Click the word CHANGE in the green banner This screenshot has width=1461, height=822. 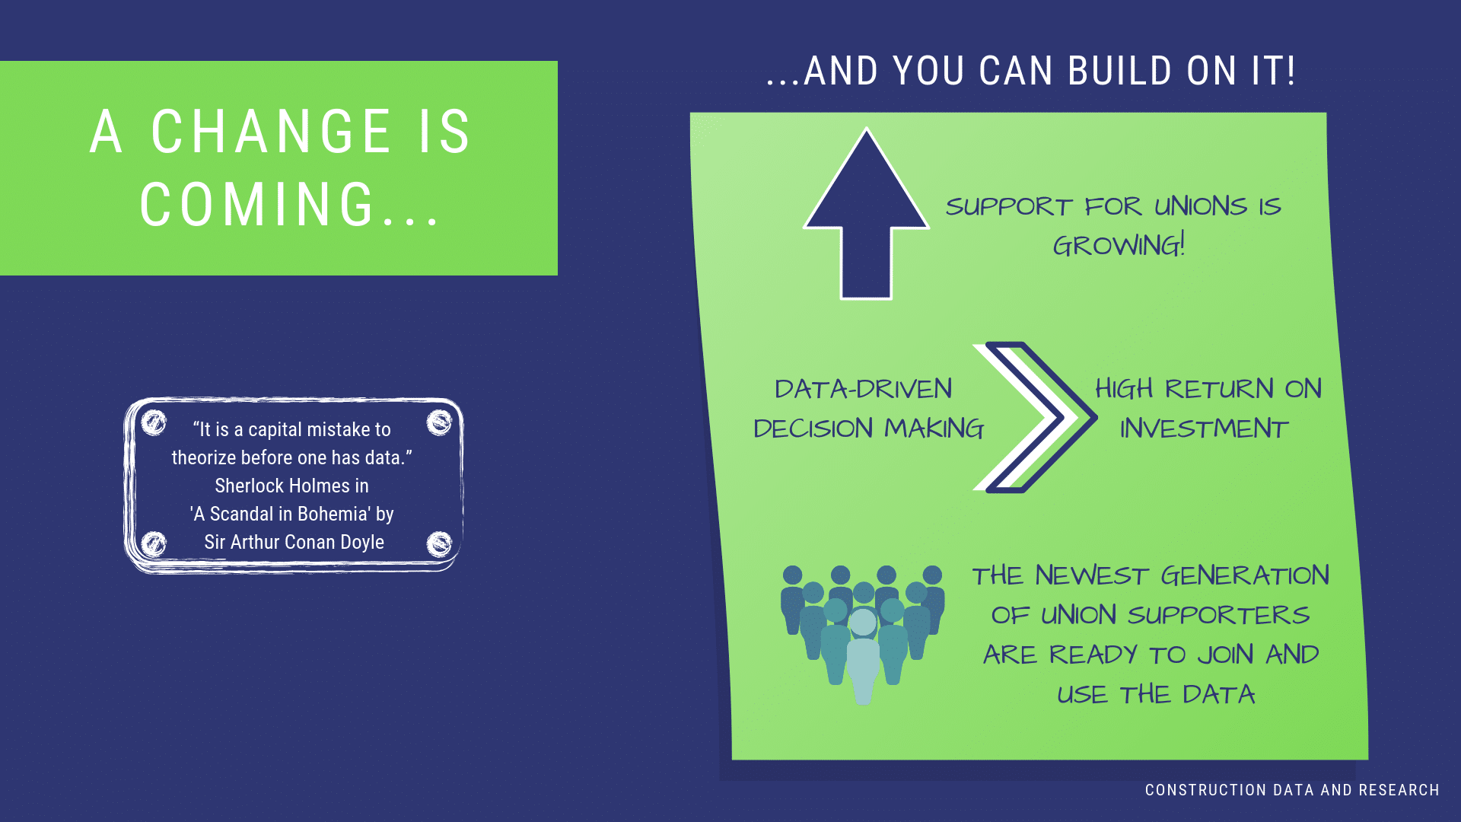click(x=271, y=132)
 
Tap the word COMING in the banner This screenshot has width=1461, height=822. click(x=257, y=205)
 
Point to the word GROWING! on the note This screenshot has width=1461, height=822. click(x=1119, y=245)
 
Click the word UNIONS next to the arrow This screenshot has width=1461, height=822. click(x=1201, y=206)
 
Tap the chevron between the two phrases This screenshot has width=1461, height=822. click(x=1035, y=417)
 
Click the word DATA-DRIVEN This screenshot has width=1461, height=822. click(x=863, y=389)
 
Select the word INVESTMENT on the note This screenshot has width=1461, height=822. click(x=1204, y=429)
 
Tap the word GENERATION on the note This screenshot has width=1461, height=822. click(x=1245, y=575)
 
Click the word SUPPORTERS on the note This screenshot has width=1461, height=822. click(x=1218, y=615)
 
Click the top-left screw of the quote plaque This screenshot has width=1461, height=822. click(x=154, y=422)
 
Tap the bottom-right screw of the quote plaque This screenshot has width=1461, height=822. click(x=439, y=544)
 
